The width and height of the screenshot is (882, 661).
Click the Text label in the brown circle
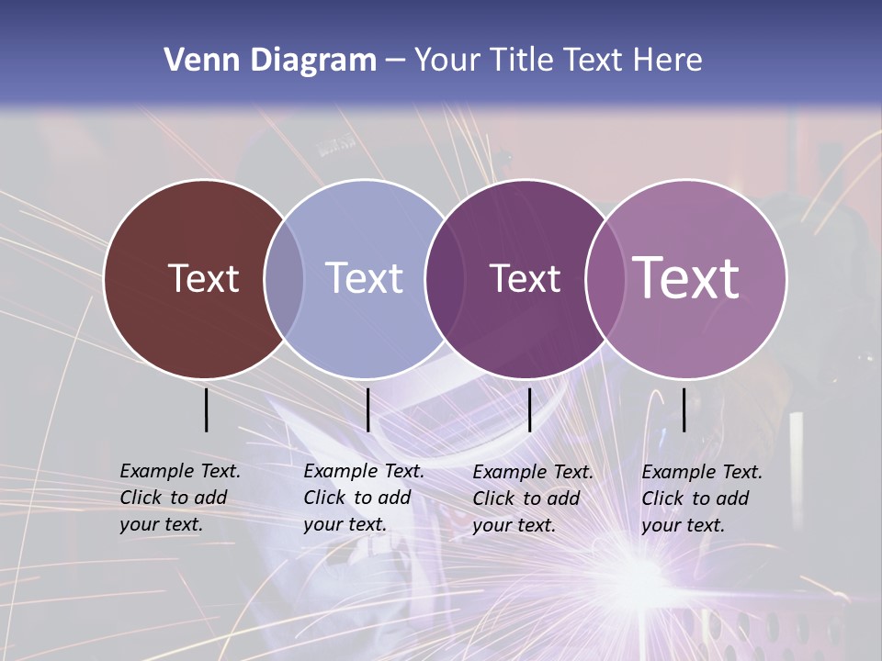point(203,278)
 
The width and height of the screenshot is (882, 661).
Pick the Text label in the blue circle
point(365,278)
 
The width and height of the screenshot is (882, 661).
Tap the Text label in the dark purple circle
point(525,278)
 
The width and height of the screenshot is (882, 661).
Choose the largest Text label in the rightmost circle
point(686,278)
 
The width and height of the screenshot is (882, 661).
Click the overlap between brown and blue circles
point(284,278)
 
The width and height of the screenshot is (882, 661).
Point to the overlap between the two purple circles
point(605,278)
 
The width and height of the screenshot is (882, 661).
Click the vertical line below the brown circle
point(206,409)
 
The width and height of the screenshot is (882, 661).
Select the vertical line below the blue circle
point(367,409)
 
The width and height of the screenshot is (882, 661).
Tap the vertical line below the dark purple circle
point(529,409)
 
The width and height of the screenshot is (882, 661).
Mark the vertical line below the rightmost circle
point(684,409)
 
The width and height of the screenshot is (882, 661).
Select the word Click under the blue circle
point(324,498)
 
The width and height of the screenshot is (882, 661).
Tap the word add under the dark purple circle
point(563,499)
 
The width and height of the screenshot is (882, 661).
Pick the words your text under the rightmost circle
point(683,525)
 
